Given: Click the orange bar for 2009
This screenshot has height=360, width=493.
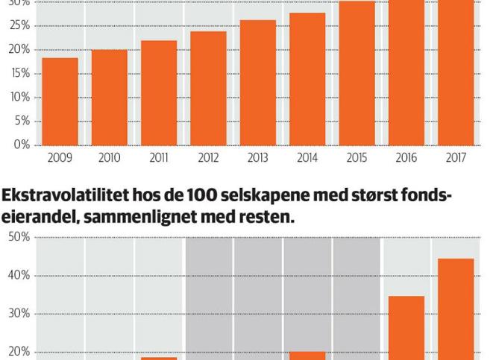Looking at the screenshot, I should tap(60, 101).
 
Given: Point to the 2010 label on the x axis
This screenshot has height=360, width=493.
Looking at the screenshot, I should tap(109, 158).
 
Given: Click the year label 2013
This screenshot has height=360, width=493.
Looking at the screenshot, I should tap(257, 158).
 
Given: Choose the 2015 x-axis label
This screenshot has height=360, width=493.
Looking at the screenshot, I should tap(357, 158).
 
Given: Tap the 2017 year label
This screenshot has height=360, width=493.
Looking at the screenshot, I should tap(456, 158).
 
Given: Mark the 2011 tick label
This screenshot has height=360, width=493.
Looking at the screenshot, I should tap(158, 158).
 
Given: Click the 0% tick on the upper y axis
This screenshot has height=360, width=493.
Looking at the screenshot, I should tap(21, 145).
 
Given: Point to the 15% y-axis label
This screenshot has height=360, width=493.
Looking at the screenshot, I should tap(20, 73).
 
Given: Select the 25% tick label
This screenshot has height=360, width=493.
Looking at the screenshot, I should tap(20, 25).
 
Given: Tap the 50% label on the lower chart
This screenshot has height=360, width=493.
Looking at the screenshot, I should tap(19, 238).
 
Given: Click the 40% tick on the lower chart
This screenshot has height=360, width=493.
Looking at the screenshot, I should tap(19, 276).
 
